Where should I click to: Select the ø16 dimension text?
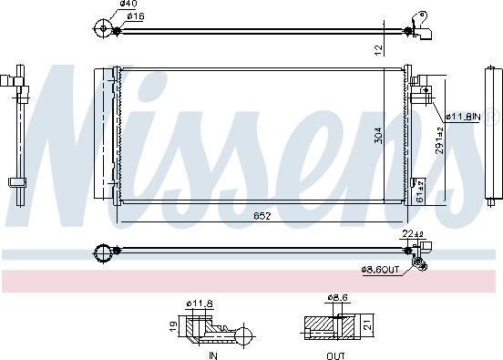(x=133, y=15)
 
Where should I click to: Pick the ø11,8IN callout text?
(x=463, y=117)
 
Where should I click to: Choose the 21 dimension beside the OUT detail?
(x=367, y=323)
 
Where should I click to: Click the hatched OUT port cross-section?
(x=323, y=325)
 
